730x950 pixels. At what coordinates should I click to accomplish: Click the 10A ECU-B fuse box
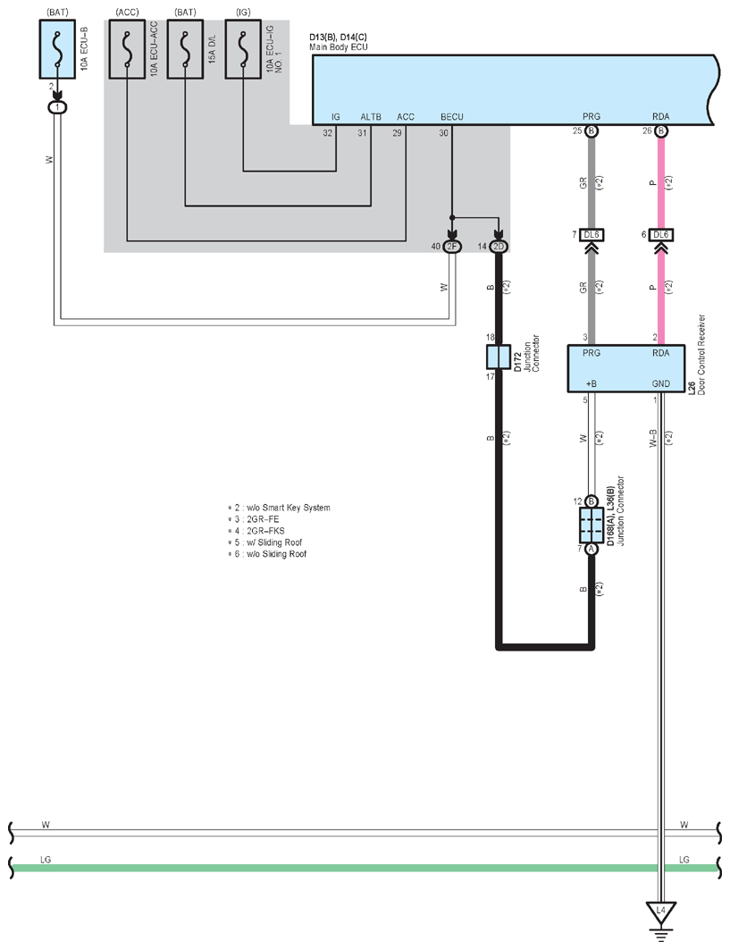pos(57,48)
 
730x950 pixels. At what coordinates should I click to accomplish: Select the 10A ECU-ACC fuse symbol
pos(127,48)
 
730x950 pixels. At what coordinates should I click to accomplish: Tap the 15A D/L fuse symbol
pos(185,48)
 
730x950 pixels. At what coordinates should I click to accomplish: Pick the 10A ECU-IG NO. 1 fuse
pos(244,48)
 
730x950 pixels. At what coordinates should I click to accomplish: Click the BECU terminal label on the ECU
pos(452,117)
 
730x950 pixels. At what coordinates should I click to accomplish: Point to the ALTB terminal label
pos(371,117)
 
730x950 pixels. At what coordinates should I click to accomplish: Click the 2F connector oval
pos(452,247)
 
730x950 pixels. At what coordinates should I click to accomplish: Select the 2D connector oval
pos(499,247)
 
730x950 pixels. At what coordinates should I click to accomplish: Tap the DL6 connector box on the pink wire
pos(661,234)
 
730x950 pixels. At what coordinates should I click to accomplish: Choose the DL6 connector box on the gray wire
pos(592,234)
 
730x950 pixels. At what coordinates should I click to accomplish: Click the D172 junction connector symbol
pos(499,357)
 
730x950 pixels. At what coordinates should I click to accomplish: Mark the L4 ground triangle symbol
pos(661,912)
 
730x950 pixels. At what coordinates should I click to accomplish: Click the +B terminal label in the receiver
pos(592,383)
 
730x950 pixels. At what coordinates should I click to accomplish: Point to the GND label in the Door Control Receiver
pos(661,383)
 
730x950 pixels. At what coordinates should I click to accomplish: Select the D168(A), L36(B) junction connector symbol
pos(592,525)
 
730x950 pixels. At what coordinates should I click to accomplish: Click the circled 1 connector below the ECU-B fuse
pos(57,107)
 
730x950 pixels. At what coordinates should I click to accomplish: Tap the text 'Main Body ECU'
pos(338,46)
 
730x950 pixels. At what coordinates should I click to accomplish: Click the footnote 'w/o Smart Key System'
pos(289,508)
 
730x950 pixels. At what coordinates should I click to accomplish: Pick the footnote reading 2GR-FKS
pos(265,531)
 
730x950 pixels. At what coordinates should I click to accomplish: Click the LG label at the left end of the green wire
pos(46,859)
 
